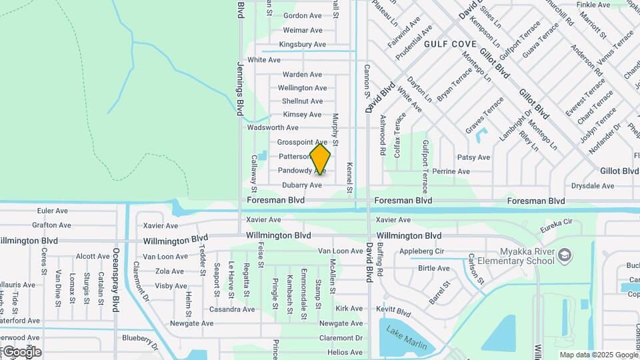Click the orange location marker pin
pyautogui.click(x=320, y=159)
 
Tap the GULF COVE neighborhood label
pyautogui.click(x=450, y=44)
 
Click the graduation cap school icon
pyautogui.click(x=565, y=255)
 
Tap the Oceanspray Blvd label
pyautogui.click(x=116, y=280)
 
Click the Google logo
pyautogui.click(x=22, y=351)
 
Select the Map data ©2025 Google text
pyautogui.click(x=598, y=355)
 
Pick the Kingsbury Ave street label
pyautogui.click(x=302, y=45)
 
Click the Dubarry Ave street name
pyautogui.click(x=301, y=185)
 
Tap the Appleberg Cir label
pyautogui.click(x=421, y=251)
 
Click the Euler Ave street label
pyautogui.click(x=53, y=211)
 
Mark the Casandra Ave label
pyautogui.click(x=232, y=309)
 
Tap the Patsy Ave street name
pyautogui.click(x=473, y=158)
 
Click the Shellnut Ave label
pyautogui.click(x=302, y=101)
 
